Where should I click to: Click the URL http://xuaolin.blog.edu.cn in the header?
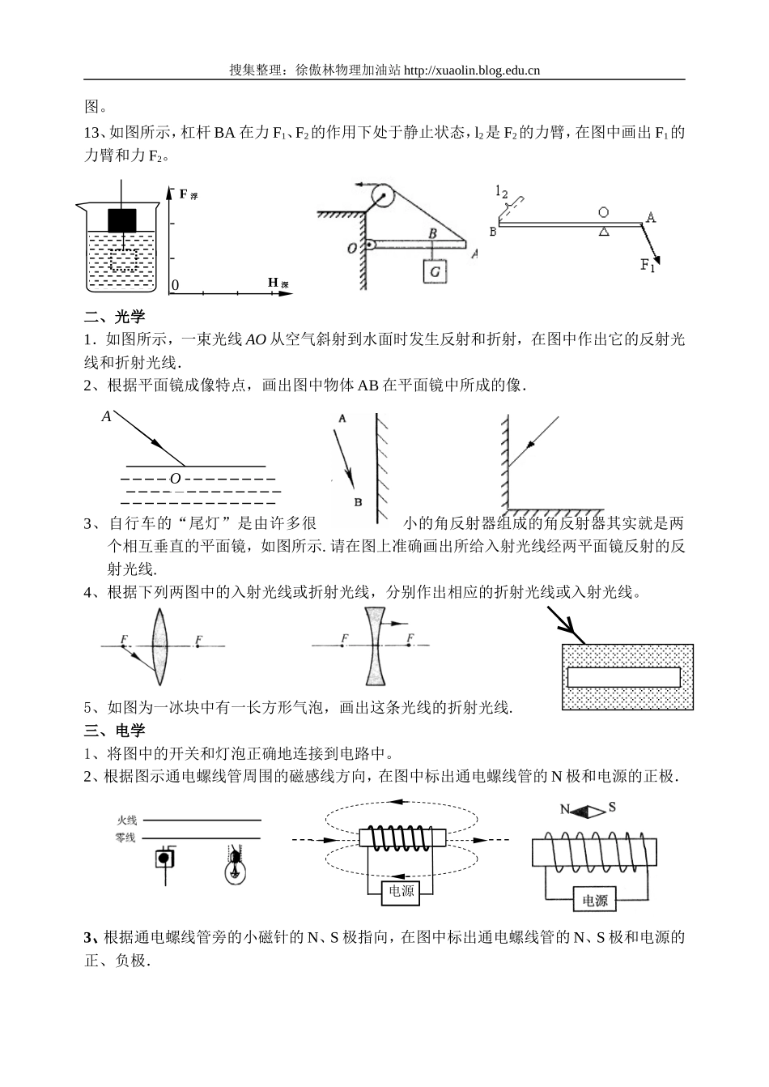[471, 70]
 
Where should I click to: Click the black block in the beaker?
[122, 220]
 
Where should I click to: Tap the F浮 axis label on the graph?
[187, 194]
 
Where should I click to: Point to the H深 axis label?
[278, 283]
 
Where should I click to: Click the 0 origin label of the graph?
[174, 286]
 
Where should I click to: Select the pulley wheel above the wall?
[381, 195]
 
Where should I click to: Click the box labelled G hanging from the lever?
[435, 271]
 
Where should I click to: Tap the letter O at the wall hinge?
[352, 248]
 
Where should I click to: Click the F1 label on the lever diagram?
[648, 265]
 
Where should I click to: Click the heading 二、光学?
[115, 317]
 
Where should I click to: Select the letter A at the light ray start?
[106, 416]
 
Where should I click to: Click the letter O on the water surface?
[175, 479]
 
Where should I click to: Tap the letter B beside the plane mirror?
[357, 501]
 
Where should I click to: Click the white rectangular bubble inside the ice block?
[624, 676]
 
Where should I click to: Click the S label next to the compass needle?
[612, 807]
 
